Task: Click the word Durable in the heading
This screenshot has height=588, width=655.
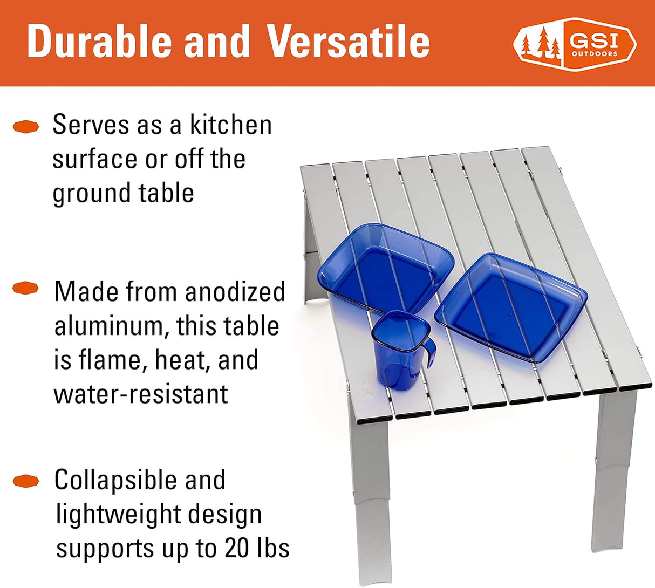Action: pyautogui.click(x=100, y=42)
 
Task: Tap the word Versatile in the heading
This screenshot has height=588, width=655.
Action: pyautogui.click(x=349, y=42)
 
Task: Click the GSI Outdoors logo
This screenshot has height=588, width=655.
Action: pyautogui.click(x=575, y=44)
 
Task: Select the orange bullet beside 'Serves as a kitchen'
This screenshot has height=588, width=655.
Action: pyautogui.click(x=26, y=126)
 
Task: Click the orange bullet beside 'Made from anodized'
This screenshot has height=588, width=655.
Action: pyautogui.click(x=25, y=288)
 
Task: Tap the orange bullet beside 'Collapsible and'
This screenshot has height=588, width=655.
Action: pyautogui.click(x=26, y=481)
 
